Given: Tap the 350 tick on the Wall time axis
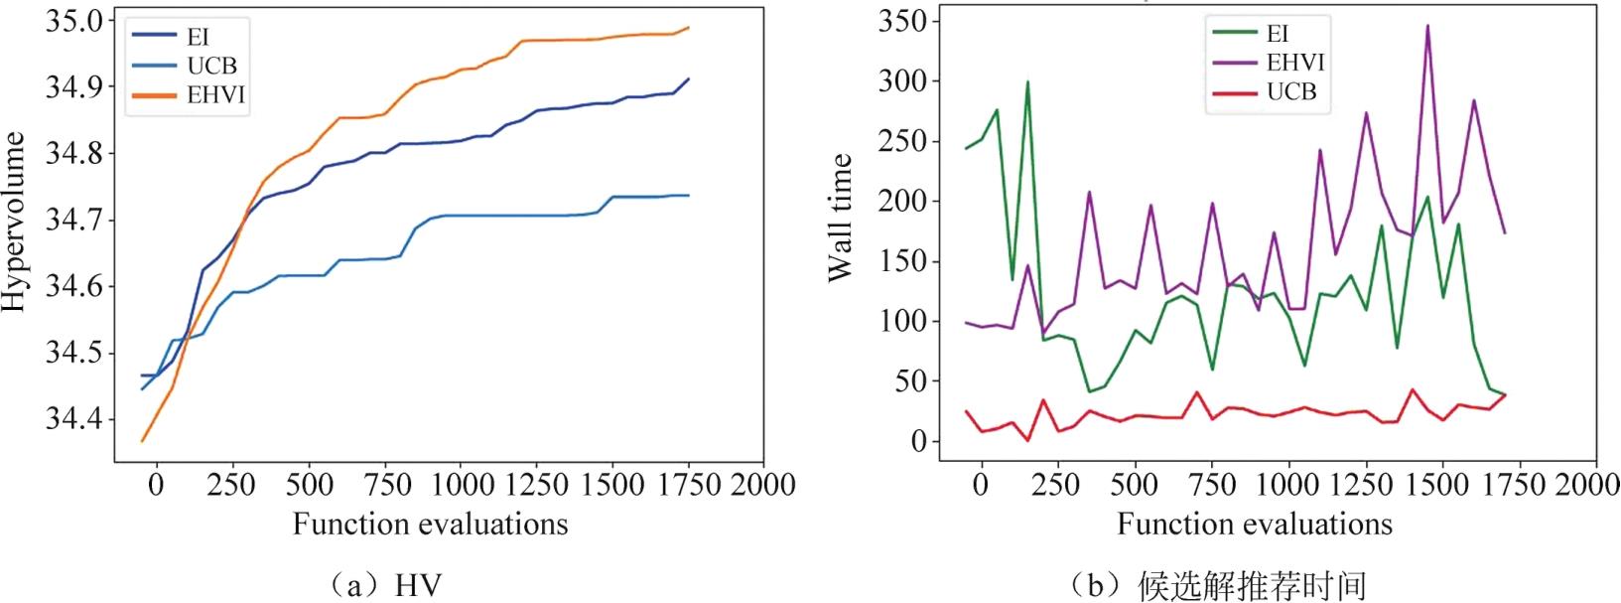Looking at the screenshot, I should tap(902, 21).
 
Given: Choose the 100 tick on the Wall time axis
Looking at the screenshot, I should tap(902, 321).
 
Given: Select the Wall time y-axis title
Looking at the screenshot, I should tap(840, 218).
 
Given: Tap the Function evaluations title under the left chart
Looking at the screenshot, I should tap(430, 524).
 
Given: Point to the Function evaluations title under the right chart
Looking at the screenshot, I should tap(1255, 524).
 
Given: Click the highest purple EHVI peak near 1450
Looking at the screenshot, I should tap(1428, 26).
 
